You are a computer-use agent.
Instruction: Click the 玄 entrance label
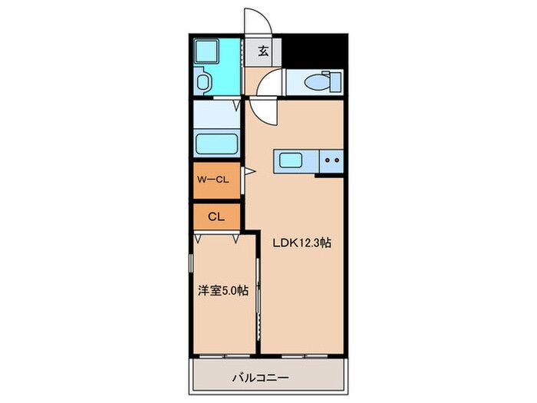(x=262, y=51)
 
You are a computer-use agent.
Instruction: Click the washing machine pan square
(x=208, y=53)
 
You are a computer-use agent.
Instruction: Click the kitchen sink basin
(x=292, y=161)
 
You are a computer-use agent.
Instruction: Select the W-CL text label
(x=213, y=180)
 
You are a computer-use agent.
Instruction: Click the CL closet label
(x=215, y=216)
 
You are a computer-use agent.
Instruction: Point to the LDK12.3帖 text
(x=302, y=243)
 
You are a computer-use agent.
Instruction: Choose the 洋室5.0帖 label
(x=223, y=290)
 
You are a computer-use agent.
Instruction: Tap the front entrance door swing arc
(x=255, y=18)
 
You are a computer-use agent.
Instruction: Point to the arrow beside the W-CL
(x=249, y=172)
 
